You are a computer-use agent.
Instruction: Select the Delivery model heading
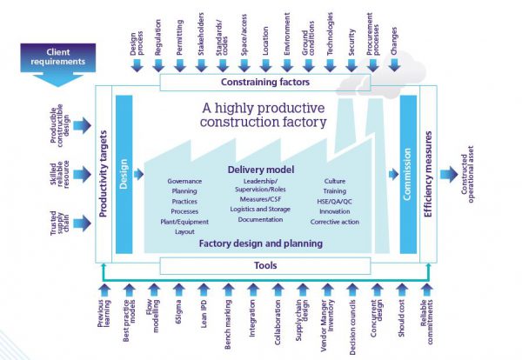[x=260, y=169]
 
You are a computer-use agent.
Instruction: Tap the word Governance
[x=184, y=181]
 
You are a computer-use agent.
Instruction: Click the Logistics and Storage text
[x=261, y=209]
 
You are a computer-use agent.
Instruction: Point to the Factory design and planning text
[x=260, y=243]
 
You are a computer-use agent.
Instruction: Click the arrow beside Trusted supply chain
[x=80, y=223]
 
